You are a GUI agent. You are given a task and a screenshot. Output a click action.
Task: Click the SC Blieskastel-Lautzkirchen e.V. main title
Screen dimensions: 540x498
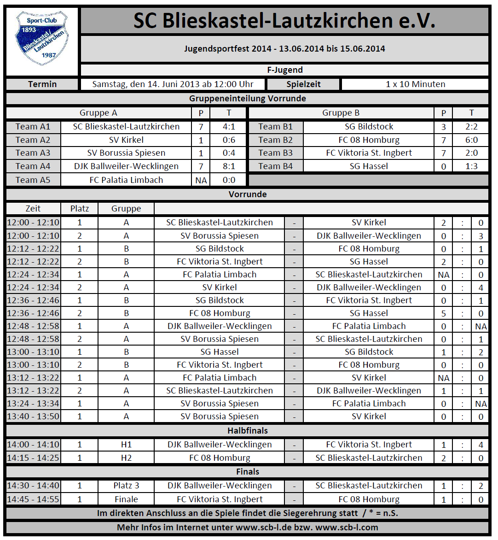click(284, 21)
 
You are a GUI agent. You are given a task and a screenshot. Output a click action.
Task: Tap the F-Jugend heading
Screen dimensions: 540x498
click(284, 70)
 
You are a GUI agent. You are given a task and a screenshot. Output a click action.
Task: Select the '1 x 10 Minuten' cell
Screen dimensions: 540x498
click(415, 84)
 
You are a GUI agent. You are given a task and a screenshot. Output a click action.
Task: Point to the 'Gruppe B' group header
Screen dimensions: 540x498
click(341, 113)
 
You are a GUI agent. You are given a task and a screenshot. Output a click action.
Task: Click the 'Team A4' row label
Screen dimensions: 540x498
click(33, 166)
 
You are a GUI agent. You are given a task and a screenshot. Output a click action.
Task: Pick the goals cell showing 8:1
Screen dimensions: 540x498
click(228, 166)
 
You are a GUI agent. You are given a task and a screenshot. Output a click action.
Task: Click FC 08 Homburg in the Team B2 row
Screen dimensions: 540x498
click(369, 140)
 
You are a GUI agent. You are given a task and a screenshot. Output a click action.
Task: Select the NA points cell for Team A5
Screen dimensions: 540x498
click(201, 180)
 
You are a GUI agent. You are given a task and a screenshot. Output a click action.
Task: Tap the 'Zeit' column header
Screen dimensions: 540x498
click(33, 209)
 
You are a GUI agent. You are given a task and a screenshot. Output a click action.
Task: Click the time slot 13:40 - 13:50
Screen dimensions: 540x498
click(33, 417)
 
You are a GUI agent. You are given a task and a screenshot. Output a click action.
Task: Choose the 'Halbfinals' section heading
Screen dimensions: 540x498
click(248, 431)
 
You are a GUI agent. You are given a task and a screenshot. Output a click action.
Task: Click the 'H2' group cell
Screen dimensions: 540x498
click(126, 458)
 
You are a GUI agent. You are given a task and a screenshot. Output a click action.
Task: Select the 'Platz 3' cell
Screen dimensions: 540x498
click(126, 486)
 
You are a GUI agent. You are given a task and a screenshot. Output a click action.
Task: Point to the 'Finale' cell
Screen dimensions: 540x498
click(126, 499)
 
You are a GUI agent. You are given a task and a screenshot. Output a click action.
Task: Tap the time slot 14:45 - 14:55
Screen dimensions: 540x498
click(33, 499)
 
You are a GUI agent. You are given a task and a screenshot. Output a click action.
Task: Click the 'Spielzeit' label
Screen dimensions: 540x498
click(303, 84)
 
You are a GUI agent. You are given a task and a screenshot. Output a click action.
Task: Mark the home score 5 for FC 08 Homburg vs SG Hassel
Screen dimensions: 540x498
click(443, 313)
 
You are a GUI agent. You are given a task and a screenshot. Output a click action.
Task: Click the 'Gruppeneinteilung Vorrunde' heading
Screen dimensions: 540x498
click(248, 99)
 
